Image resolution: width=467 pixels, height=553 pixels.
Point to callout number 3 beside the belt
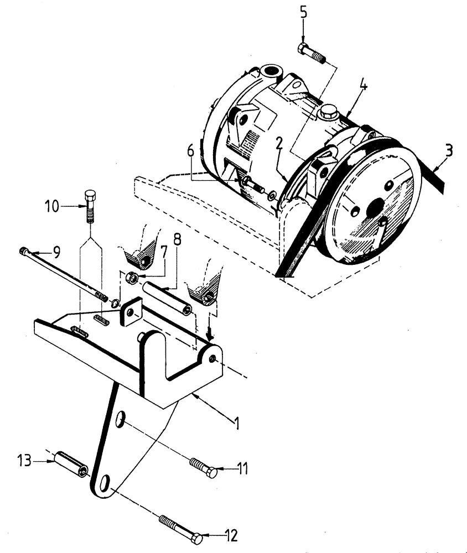[449, 150]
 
